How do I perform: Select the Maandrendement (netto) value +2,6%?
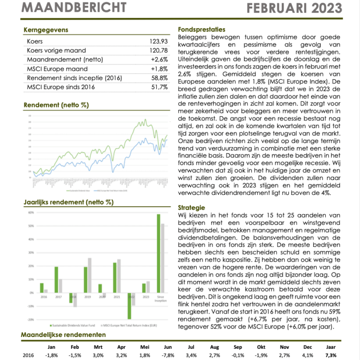[x=159, y=60]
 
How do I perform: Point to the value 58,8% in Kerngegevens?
[x=159, y=78]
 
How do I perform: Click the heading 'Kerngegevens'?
[x=46, y=30]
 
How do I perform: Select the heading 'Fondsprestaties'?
[x=202, y=30]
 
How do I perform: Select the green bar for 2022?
[x=129, y=306]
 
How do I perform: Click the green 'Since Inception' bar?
[x=158, y=253]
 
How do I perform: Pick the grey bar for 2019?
[x=90, y=275]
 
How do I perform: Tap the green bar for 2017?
[x=56, y=279]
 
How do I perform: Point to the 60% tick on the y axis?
[x=31, y=212]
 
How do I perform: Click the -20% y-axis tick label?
[x=31, y=320]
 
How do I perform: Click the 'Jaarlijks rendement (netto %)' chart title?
[x=68, y=202]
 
